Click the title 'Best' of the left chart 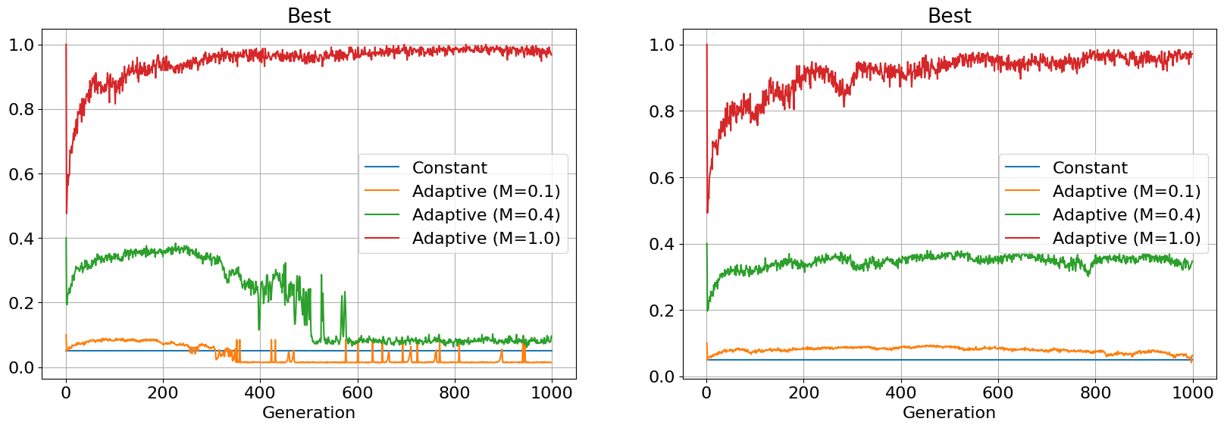[308, 16]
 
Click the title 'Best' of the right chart [949, 16]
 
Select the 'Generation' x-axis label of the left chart [308, 413]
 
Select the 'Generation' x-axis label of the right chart [949, 413]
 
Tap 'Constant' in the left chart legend [449, 167]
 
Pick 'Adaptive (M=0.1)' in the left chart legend [486, 191]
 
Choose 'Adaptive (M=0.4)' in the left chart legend [486, 214]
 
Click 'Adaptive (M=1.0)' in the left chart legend [486, 238]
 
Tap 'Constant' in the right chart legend [1089, 167]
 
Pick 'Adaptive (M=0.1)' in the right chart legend [1126, 191]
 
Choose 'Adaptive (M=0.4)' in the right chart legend [1126, 214]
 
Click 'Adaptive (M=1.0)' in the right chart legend [1126, 238]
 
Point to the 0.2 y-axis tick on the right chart [662, 311]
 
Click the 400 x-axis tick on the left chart [260, 392]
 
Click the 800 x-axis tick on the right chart [1095, 392]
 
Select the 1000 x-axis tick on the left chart [552, 392]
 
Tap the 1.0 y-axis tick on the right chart [662, 45]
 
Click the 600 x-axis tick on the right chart [998, 392]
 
